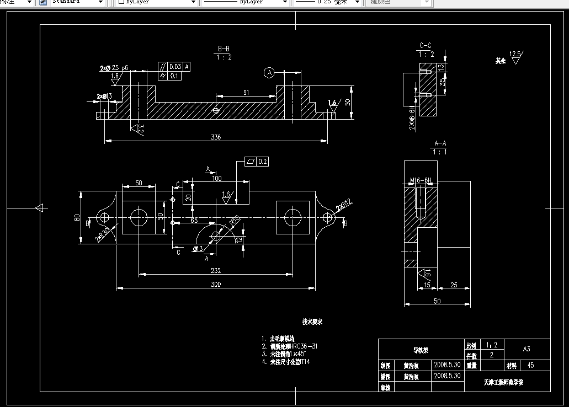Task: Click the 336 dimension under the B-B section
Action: pyautogui.click(x=216, y=137)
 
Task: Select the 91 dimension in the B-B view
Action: pyautogui.click(x=247, y=93)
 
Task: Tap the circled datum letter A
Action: pyautogui.click(x=269, y=72)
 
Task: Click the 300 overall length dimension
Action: pyautogui.click(x=216, y=285)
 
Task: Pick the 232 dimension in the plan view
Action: pyautogui.click(x=216, y=270)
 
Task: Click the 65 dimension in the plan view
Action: pyautogui.click(x=194, y=220)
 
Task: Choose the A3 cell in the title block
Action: pyautogui.click(x=527, y=349)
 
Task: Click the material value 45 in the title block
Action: pyautogui.click(x=531, y=365)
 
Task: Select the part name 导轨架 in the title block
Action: pyautogui.click(x=421, y=349)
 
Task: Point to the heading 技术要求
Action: pyautogui.click(x=312, y=322)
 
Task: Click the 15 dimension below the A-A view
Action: pyautogui.click(x=427, y=285)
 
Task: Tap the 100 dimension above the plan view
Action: pyautogui.click(x=216, y=179)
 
